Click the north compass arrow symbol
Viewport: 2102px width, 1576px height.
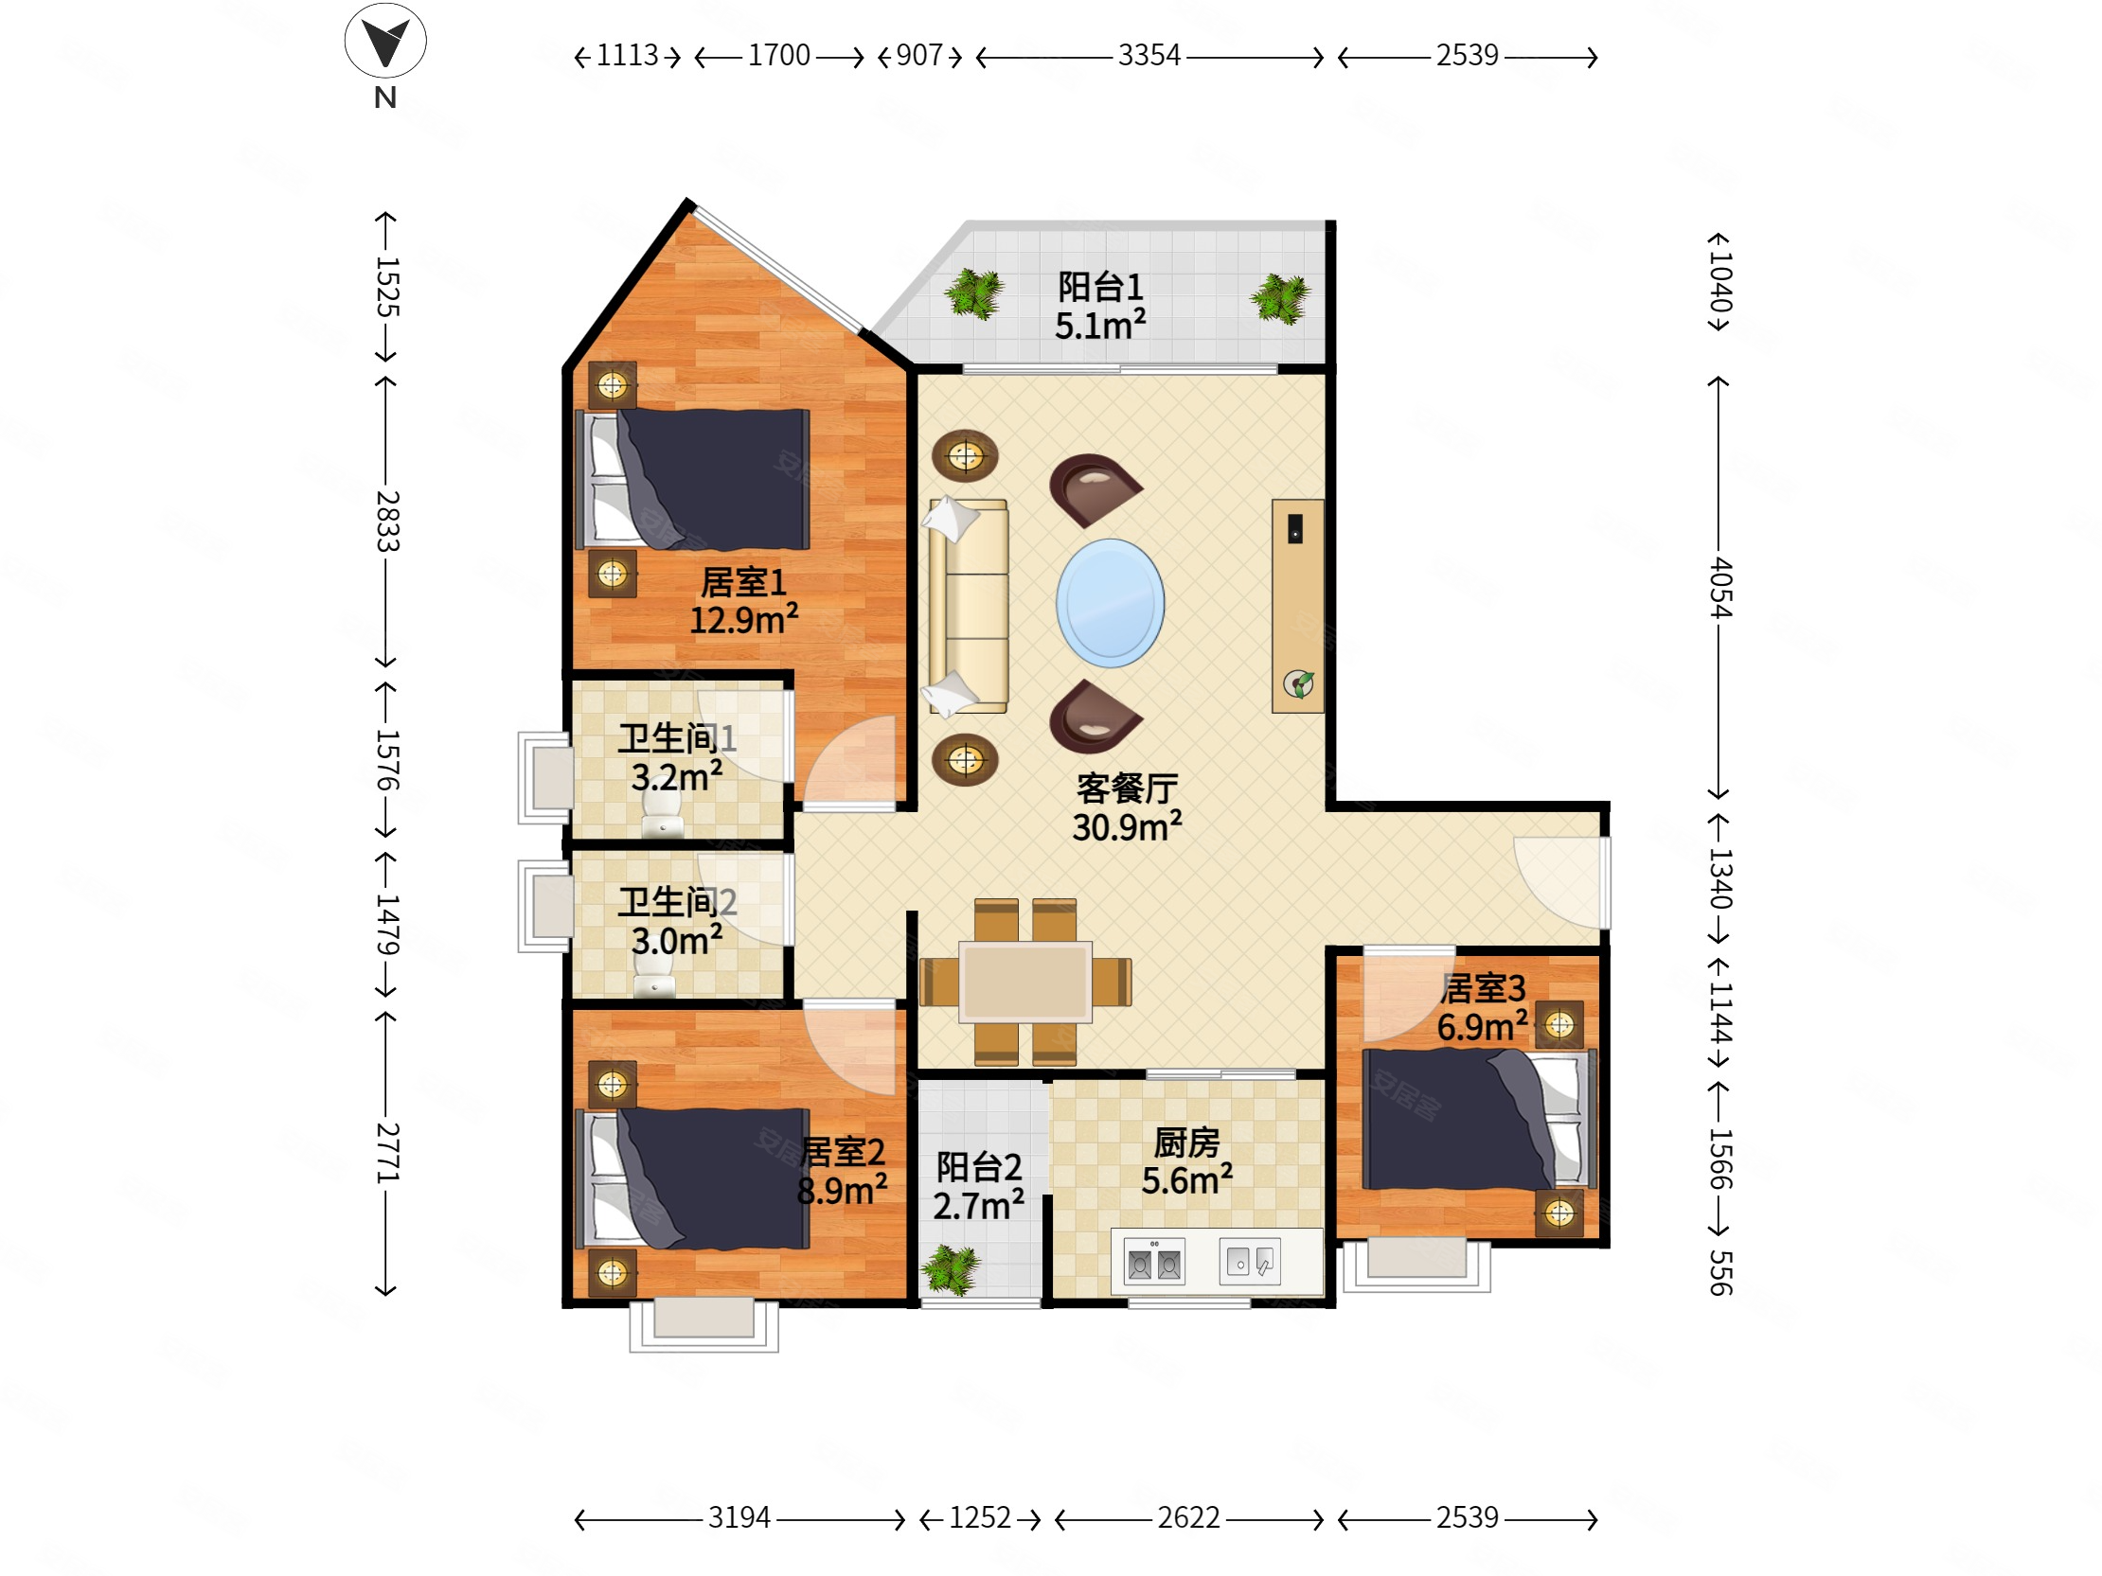[384, 41]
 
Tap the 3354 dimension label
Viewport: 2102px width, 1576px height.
[1149, 55]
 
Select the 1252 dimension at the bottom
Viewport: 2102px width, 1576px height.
[980, 1517]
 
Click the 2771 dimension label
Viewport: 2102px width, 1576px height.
[386, 1152]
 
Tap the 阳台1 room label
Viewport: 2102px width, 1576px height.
[1100, 286]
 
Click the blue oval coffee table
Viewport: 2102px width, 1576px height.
[1110, 602]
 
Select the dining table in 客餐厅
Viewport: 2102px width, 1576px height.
[1024, 982]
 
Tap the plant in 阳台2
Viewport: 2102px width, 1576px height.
[952, 1269]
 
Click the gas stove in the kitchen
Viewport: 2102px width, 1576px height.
[1153, 1262]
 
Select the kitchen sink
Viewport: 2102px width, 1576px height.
[1250, 1262]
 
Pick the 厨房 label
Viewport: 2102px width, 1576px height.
[1187, 1142]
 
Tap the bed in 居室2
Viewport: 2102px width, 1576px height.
[693, 1178]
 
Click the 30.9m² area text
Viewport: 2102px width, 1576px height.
[1127, 825]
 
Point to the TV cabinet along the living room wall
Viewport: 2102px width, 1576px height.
[1298, 605]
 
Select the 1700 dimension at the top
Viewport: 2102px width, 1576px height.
[779, 55]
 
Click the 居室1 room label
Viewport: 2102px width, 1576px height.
[743, 581]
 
